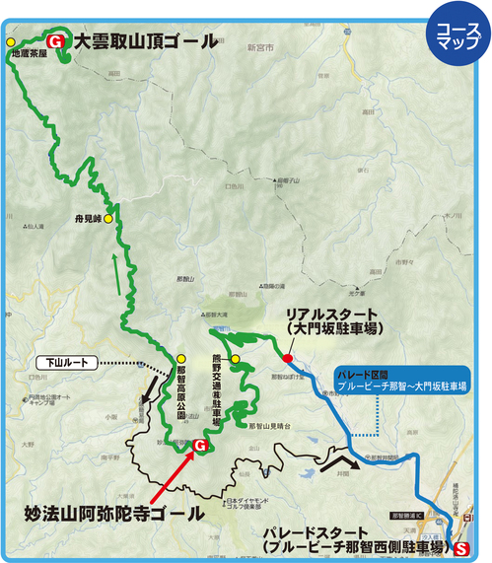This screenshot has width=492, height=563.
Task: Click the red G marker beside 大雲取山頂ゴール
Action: click(55, 41)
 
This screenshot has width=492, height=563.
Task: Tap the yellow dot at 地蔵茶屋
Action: click(11, 42)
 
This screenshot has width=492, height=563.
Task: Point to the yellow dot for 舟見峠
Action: click(109, 218)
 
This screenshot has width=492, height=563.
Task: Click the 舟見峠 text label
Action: click(88, 218)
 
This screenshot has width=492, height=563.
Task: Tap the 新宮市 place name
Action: click(259, 46)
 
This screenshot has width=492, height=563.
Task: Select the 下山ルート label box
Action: click(68, 362)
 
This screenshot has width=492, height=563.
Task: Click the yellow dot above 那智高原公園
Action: click(180, 358)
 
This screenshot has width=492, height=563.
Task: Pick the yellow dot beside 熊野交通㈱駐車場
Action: click(237, 358)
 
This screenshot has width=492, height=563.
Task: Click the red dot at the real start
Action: click(287, 358)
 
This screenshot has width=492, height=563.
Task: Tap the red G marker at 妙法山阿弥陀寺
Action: click(200, 447)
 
